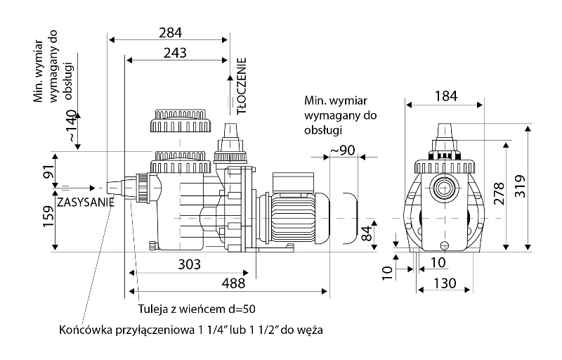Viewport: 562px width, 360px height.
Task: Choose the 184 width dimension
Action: (444, 96)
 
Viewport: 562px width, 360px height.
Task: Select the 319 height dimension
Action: (521, 187)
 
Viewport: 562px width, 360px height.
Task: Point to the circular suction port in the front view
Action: (443, 188)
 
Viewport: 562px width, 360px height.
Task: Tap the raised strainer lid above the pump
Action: (179, 122)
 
